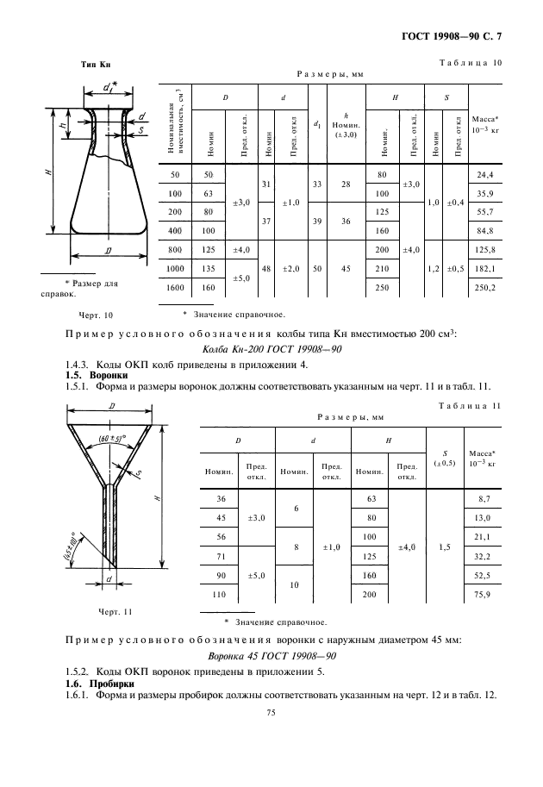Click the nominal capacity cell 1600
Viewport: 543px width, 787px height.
pos(177,288)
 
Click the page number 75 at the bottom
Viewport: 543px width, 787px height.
pos(271,713)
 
